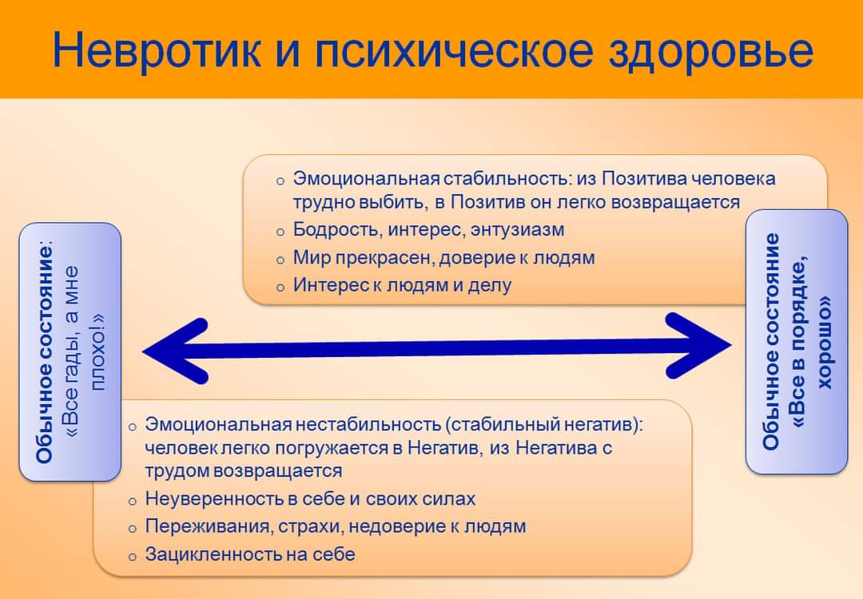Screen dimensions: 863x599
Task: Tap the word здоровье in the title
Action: [710, 51]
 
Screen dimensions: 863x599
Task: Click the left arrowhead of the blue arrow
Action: [176, 351]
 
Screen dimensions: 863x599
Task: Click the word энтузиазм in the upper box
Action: [517, 229]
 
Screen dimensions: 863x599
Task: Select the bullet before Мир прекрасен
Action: [280, 260]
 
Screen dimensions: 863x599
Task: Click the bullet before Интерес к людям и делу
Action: [280, 288]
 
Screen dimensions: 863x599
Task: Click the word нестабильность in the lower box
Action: [368, 425]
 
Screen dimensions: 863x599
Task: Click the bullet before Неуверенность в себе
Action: [132, 501]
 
